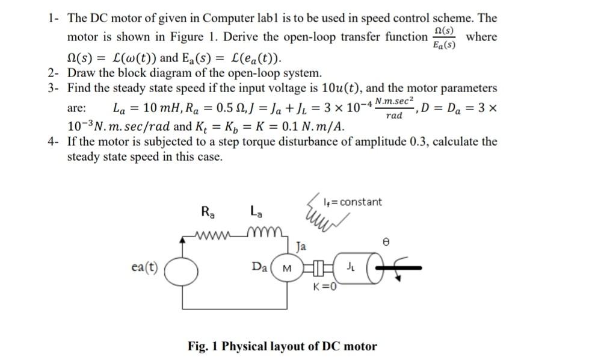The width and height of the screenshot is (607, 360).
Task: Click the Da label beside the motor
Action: [x=260, y=267]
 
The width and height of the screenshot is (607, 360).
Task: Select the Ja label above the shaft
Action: [x=301, y=246]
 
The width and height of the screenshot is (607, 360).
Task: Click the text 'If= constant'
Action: [x=353, y=202]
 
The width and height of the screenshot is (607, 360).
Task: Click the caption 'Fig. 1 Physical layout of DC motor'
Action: [x=282, y=346]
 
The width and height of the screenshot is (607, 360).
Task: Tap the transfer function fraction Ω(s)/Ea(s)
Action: [x=445, y=37]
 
